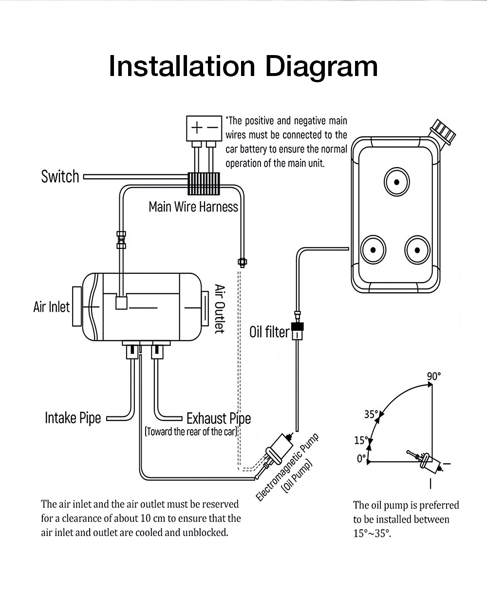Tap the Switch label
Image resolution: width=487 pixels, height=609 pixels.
coord(60,176)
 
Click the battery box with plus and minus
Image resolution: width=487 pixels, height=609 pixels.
coord(204,128)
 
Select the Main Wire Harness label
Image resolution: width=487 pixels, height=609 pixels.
coord(193,207)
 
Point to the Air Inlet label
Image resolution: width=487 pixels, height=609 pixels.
coord(51,307)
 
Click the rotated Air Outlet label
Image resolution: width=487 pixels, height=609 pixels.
coord(220,309)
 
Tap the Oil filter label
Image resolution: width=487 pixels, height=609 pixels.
coord(269,332)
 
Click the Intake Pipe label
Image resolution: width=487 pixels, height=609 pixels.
coord(73,418)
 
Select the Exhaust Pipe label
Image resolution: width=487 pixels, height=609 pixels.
coord(219,419)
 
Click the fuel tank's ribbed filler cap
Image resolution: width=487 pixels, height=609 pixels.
coord(443,130)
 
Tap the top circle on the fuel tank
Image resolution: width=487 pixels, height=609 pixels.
coord(397,182)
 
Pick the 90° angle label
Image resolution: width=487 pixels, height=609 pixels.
coord(433,376)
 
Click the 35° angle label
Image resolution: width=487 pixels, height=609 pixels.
coord(371,414)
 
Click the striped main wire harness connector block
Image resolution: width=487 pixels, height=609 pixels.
coord(204,184)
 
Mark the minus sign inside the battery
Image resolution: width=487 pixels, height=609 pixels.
coord(212,128)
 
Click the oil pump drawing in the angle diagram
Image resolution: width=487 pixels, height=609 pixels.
coord(425,460)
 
